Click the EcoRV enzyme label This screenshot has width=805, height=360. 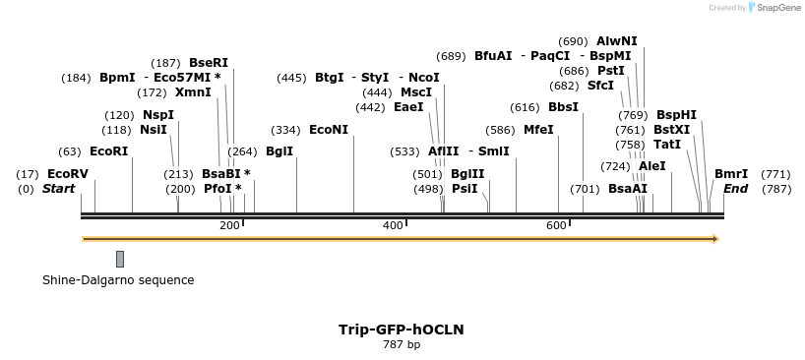click(x=68, y=174)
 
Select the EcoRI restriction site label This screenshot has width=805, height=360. click(x=109, y=151)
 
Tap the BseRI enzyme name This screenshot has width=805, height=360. click(x=208, y=63)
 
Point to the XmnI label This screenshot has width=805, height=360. click(x=193, y=92)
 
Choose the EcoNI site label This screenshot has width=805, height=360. click(x=329, y=130)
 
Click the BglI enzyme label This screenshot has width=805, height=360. click(x=279, y=151)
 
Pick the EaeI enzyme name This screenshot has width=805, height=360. click(x=408, y=107)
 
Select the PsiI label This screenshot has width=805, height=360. click(x=464, y=189)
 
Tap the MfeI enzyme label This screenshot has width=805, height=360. click(x=538, y=130)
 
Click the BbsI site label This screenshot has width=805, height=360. click(x=564, y=107)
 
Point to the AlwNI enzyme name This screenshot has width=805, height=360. click(x=617, y=41)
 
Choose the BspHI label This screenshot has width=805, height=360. click(x=676, y=115)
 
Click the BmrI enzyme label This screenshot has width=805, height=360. click(x=731, y=174)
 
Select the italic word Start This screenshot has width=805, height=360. click(x=58, y=189)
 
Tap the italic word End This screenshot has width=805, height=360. click(x=735, y=189)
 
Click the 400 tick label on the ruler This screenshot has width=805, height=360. click(x=392, y=226)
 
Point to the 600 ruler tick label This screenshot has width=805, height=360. click(x=555, y=226)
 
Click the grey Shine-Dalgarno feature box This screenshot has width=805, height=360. click(x=120, y=259)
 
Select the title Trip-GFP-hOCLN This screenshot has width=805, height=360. click(x=402, y=330)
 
